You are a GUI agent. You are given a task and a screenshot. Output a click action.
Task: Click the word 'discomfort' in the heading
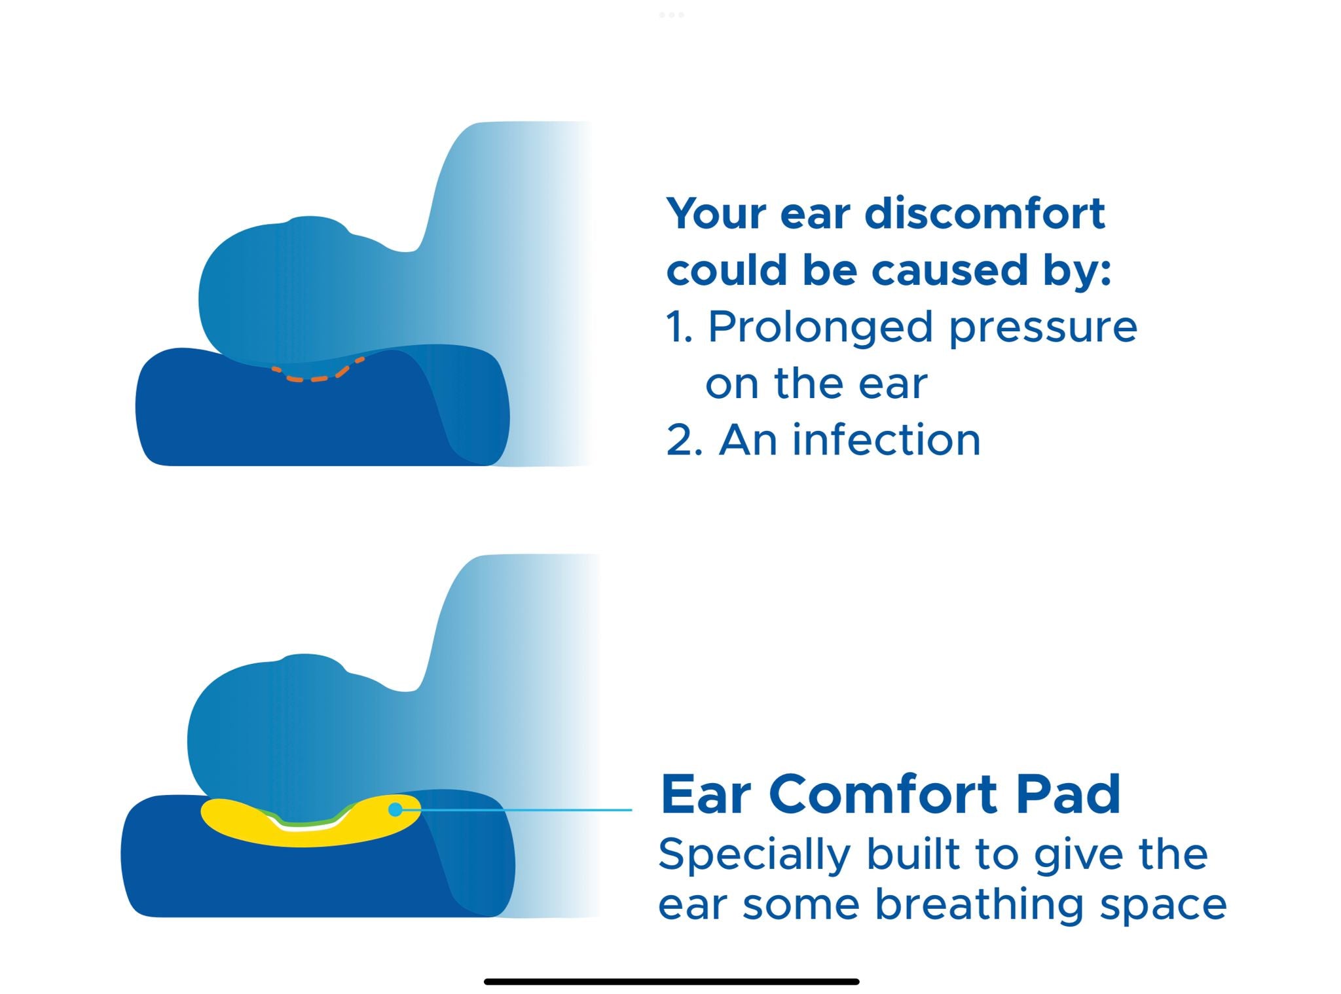[985, 213]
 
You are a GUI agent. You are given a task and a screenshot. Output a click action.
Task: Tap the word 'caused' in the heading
[949, 270]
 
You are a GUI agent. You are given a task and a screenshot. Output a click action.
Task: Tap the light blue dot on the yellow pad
[395, 810]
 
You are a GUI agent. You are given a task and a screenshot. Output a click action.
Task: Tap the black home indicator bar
[671, 982]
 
